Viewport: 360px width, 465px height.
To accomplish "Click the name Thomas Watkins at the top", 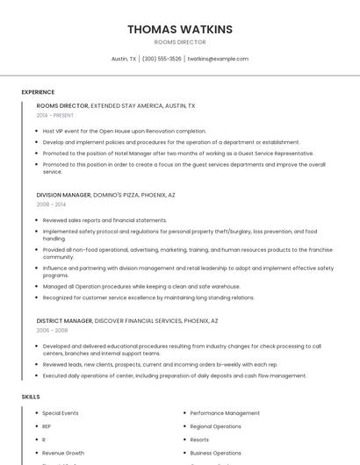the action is tap(180, 29).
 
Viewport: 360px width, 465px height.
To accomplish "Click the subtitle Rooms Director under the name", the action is tap(180, 42).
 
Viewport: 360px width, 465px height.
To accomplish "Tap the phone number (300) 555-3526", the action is tap(162, 59).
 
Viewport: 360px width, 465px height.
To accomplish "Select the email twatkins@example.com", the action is tap(218, 59).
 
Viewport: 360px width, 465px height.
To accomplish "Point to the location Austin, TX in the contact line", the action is tap(124, 59).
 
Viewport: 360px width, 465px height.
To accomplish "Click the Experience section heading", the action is tap(38, 92).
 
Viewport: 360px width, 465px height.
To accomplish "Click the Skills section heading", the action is tap(31, 397).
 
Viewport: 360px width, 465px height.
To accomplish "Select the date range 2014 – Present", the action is tap(55, 115).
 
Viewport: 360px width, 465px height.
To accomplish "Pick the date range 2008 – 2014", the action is tap(51, 204).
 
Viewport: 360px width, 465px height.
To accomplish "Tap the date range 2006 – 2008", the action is tap(51, 331).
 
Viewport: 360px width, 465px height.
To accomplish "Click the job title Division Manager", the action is tap(63, 195).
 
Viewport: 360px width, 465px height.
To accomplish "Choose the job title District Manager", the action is tap(62, 321).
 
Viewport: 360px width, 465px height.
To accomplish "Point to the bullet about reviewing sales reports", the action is tap(104, 220).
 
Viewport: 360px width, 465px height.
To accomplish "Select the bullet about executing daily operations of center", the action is tap(174, 376).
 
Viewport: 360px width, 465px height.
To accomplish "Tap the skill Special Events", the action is tap(61, 412).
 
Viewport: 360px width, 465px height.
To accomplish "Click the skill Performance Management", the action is tap(225, 412).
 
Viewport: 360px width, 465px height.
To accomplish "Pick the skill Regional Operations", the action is tap(215, 426).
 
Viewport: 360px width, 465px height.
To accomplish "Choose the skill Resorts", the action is tap(199, 440).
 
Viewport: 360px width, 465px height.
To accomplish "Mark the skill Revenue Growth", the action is tap(63, 454).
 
